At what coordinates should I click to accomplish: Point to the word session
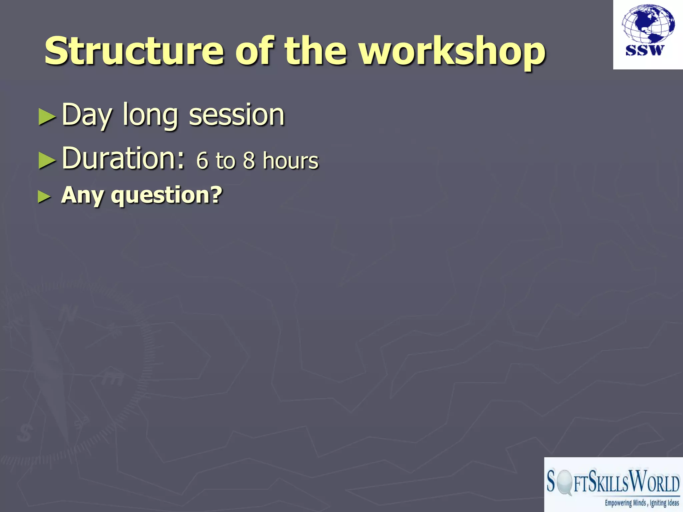237,115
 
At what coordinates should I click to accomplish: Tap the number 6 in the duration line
202,161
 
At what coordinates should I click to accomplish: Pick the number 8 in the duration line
249,161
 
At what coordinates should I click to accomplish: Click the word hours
290,161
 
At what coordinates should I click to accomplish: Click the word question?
166,196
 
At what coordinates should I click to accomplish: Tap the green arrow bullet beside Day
47,117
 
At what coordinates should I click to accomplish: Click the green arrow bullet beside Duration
47,160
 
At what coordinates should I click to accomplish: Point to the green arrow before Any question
44,197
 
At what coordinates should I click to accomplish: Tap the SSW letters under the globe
645,50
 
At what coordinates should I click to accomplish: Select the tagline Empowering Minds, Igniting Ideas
642,503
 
